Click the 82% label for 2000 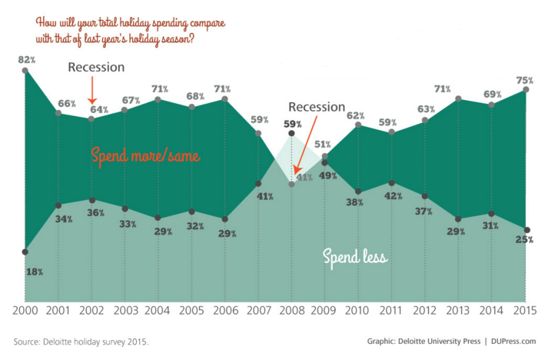point(25,59)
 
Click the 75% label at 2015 point(525,79)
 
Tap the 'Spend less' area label point(354,255)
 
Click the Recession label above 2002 point(96,68)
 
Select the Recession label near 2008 point(317,107)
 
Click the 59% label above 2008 point(291,123)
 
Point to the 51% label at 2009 point(324,145)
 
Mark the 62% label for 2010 point(356,115)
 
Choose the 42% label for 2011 point(392,196)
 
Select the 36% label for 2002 point(91,213)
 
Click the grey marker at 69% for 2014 point(492,104)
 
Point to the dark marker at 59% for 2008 point(291,134)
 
